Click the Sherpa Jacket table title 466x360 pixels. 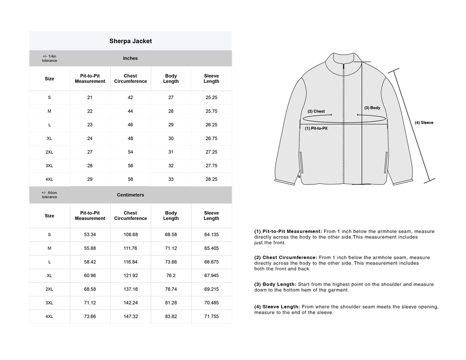(131, 41)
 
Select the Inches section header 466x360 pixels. (130, 58)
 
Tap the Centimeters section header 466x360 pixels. (130, 195)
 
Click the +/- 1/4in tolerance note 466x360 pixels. (50, 58)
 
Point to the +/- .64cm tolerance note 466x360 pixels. (50, 195)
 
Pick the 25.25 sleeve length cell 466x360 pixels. (211, 98)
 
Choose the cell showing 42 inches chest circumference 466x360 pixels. (130, 98)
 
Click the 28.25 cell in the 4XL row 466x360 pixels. (211, 179)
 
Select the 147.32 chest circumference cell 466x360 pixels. (130, 316)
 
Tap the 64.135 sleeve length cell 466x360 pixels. (211, 235)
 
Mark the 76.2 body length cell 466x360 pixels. (171, 276)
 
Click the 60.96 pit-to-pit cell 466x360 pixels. (90, 276)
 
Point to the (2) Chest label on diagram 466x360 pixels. (316, 112)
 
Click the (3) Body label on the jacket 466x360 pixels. (372, 108)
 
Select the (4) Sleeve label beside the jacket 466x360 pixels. (424, 123)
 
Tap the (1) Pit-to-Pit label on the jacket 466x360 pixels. (316, 129)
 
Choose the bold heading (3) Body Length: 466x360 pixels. (275, 284)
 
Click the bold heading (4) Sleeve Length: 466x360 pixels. (277, 307)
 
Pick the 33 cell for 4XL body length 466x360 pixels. (171, 179)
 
